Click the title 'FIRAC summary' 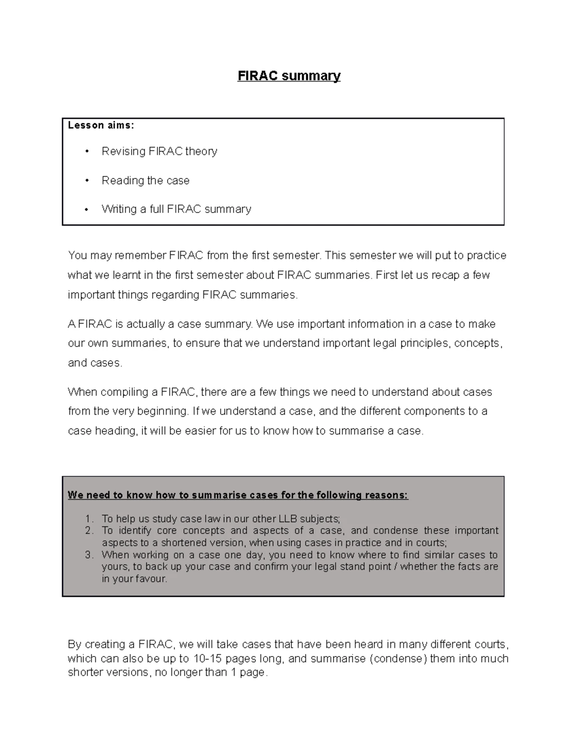289,76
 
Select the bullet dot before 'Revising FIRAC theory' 87,152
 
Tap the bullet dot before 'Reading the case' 87,181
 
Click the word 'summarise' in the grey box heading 219,495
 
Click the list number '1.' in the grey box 89,519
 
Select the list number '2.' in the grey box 89,531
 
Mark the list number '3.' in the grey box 89,555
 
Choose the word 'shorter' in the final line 84,672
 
